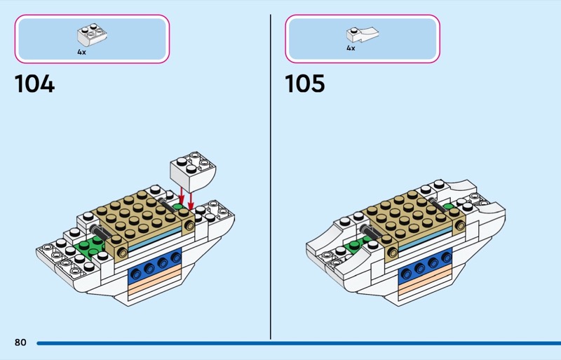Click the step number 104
point(34,84)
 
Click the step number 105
point(304,84)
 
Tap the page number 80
point(20,342)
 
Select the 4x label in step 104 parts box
point(82,51)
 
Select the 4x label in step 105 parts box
point(351,48)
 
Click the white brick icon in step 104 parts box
point(91,35)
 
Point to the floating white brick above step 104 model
point(193,168)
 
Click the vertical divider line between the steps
point(271,175)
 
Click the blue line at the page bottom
point(295,343)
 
